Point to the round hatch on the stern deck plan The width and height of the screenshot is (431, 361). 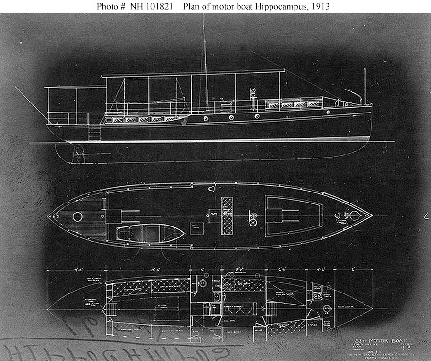(77, 217)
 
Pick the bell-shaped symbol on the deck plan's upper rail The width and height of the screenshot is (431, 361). (212, 189)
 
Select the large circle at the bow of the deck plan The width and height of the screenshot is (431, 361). (354, 215)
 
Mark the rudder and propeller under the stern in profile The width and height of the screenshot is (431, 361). (77, 153)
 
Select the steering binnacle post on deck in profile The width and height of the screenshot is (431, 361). (251, 96)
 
